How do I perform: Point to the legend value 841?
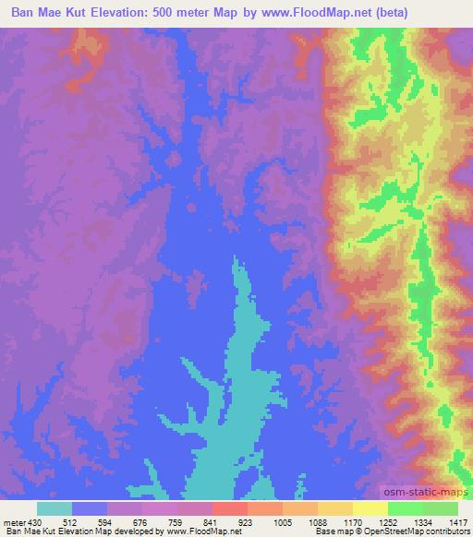coord(210,520)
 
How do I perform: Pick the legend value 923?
coord(245,520)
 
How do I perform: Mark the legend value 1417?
coord(455,520)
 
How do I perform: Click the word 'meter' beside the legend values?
coord(12,520)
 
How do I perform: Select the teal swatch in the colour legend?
coord(55,508)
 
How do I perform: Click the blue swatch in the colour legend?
coord(90,508)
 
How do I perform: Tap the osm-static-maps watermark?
coord(427,493)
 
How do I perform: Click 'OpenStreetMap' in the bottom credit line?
coord(404,531)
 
